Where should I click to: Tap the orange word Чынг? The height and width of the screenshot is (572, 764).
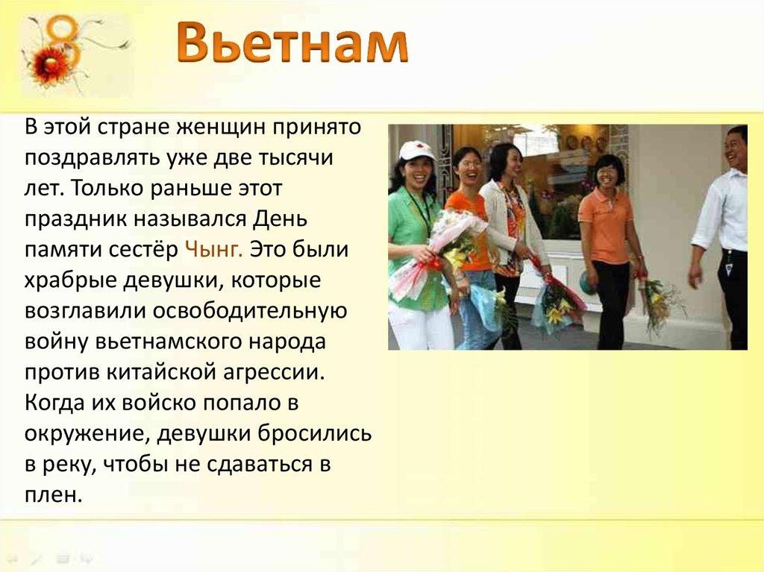point(213,250)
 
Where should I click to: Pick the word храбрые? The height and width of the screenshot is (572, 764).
point(69,280)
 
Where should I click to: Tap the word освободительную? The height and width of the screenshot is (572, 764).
point(249,311)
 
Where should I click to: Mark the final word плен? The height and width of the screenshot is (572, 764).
point(52,495)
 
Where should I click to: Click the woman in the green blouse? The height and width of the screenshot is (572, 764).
point(418,248)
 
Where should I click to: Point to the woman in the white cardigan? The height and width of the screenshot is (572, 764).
point(513,244)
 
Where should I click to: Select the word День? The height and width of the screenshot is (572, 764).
point(281,219)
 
